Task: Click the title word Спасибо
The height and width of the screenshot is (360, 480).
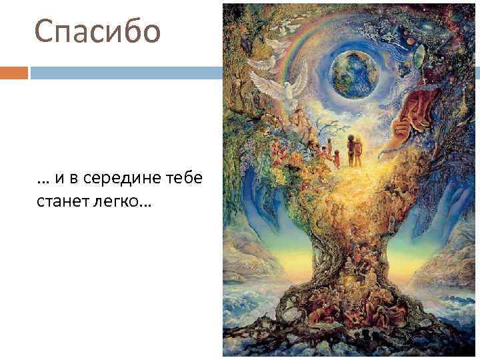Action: click(x=98, y=31)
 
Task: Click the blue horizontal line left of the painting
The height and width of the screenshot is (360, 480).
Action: click(x=127, y=72)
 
